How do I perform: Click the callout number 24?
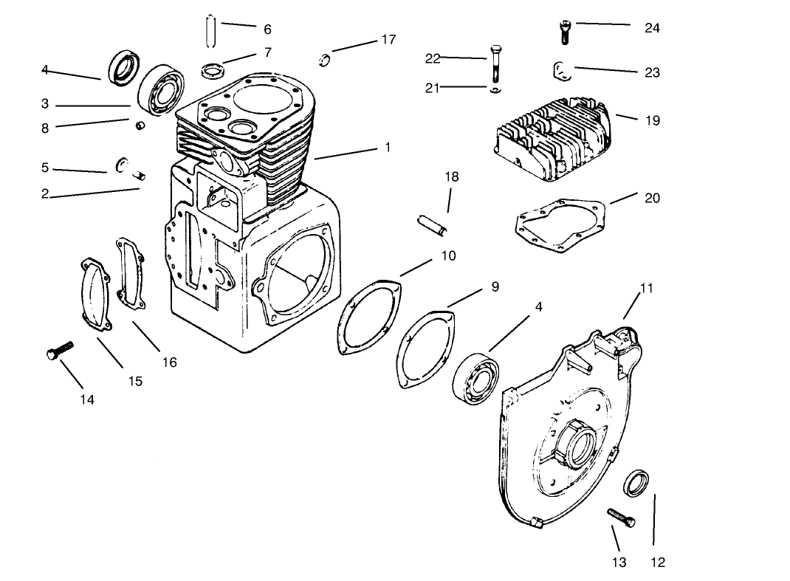click(x=652, y=28)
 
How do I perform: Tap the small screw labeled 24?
click(x=564, y=30)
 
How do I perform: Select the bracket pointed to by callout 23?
click(x=560, y=72)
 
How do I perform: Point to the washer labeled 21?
click(x=494, y=90)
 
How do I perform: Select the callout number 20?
click(x=652, y=198)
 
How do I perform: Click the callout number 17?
click(x=388, y=39)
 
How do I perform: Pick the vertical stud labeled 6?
click(x=210, y=30)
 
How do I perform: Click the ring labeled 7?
click(x=212, y=72)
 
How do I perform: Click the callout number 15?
click(x=135, y=382)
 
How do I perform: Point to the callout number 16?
click(x=169, y=362)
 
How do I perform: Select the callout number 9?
click(x=495, y=286)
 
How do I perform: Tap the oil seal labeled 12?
click(x=639, y=484)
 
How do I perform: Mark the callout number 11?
click(x=646, y=288)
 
